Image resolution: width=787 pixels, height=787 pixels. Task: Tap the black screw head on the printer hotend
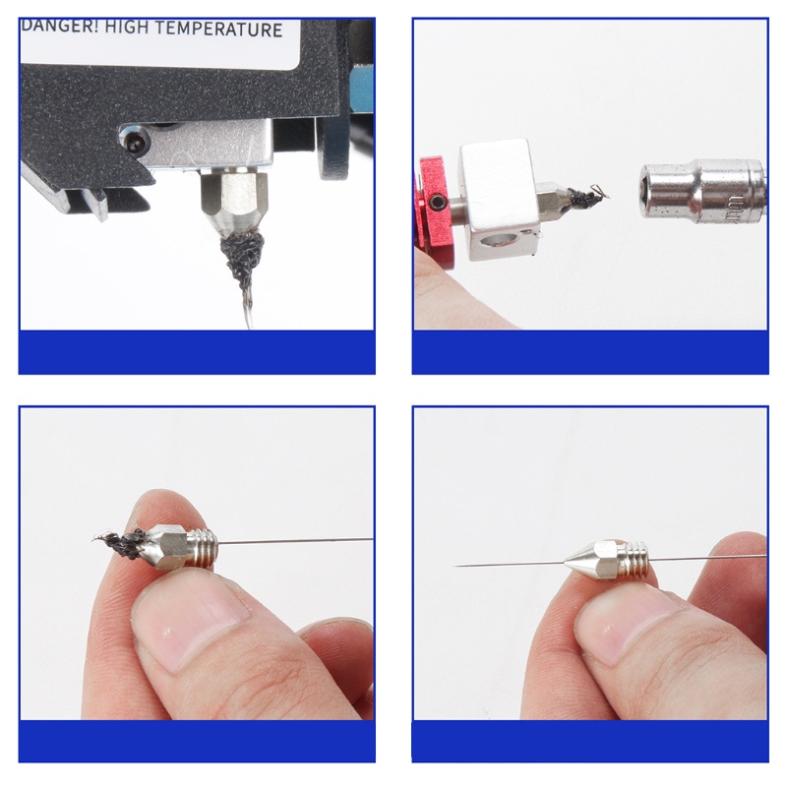click(x=132, y=142)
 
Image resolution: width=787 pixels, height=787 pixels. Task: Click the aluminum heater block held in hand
click(x=498, y=191)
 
